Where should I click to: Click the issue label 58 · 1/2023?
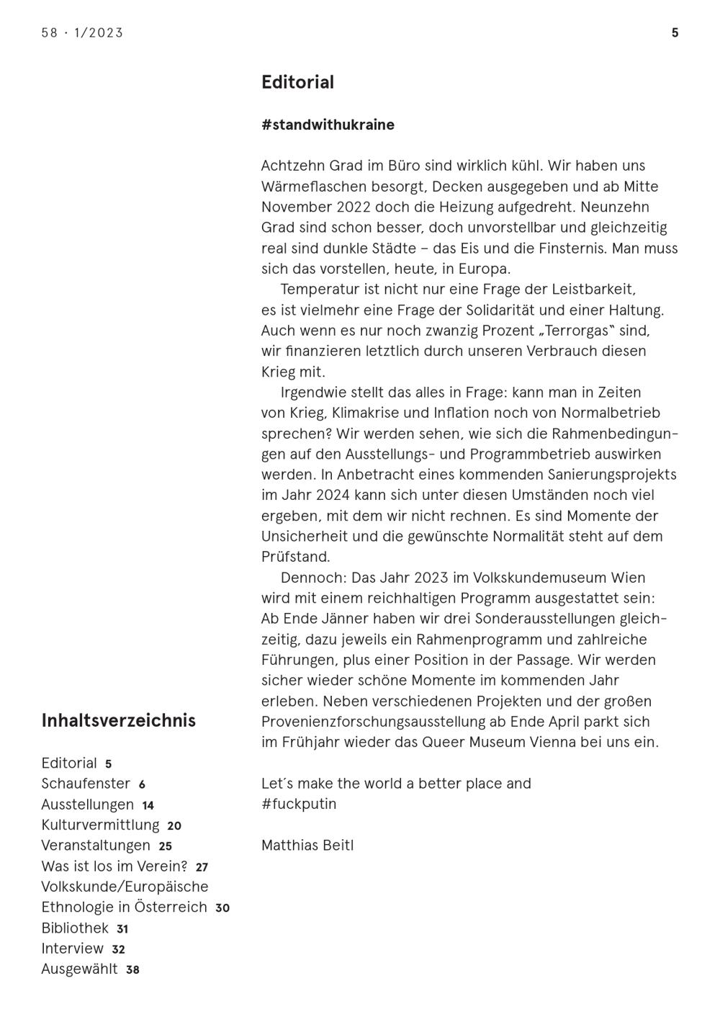(x=82, y=33)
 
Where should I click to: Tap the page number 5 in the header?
(x=675, y=33)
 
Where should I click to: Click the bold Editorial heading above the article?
(x=297, y=82)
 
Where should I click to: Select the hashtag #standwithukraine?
(x=328, y=125)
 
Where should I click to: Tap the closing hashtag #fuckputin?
(x=299, y=804)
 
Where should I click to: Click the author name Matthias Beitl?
(x=307, y=846)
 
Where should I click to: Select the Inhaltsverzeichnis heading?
(x=118, y=721)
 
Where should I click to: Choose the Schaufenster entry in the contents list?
(x=86, y=784)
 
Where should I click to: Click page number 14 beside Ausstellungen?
(x=148, y=806)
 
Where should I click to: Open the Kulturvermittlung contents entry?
(x=100, y=825)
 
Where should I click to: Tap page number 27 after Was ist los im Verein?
(x=202, y=868)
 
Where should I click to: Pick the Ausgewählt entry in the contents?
(x=79, y=969)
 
